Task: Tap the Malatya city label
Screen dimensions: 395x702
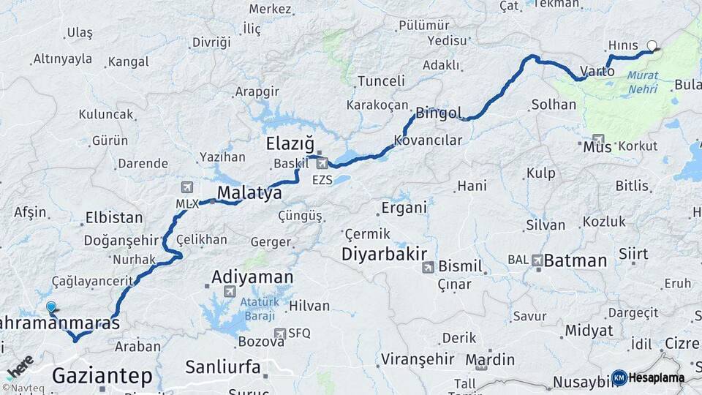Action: pos(249,194)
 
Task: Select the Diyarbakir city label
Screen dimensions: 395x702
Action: pos(384,255)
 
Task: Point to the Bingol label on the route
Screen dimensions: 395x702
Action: pos(439,113)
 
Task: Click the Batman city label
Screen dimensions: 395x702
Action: pos(576,260)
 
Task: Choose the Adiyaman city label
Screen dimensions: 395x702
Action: pos(252,277)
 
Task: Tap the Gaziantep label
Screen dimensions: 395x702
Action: pos(103,376)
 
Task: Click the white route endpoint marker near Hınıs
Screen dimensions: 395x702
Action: pos(652,45)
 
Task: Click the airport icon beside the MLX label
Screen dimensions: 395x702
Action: pos(188,187)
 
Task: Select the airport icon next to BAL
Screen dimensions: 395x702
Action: pos(537,260)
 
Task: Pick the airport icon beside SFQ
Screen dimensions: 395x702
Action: pos(279,334)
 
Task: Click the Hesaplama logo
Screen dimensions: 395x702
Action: pos(648,377)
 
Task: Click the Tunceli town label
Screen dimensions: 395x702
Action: pos(381,81)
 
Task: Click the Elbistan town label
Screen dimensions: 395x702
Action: pos(113,217)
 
